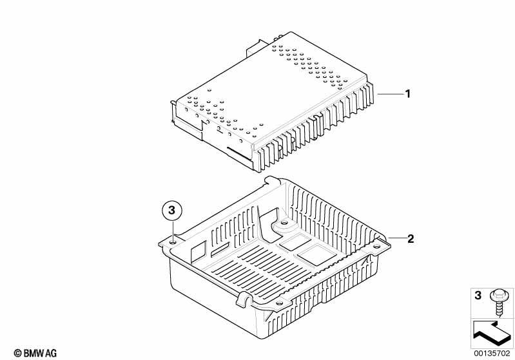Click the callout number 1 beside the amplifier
407,94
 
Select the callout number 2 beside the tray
411,238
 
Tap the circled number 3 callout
171,210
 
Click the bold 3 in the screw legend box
478,296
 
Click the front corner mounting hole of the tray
278,303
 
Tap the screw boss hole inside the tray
284,224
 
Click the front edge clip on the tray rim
244,298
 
